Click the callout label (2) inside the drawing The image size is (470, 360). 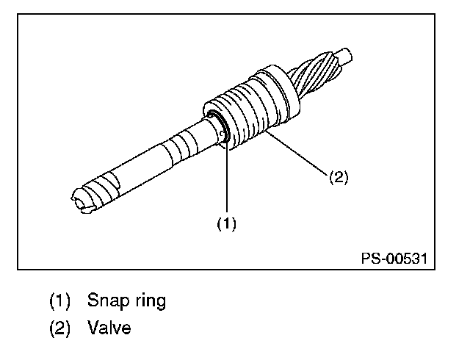337,177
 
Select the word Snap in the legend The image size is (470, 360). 107,301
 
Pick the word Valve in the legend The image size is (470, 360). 109,328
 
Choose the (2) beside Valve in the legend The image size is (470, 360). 60,328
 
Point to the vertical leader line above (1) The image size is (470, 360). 226,176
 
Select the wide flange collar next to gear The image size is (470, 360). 275,86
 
